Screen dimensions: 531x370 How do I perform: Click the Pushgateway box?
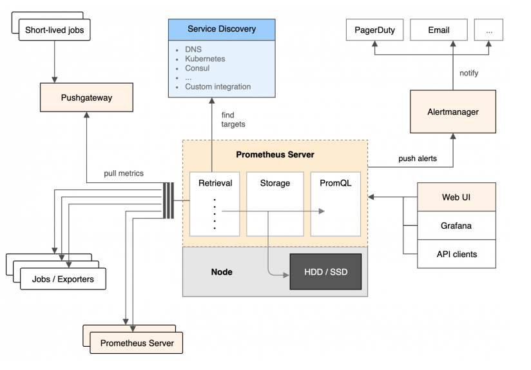87,97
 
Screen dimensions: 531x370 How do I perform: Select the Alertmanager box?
453,112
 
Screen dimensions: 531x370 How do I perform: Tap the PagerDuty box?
374,30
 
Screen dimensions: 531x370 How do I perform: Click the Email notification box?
439,30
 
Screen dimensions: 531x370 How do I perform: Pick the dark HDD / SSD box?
326,272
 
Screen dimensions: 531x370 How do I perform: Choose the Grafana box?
456,226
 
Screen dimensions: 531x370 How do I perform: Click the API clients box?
456,254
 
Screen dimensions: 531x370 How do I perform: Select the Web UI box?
456,197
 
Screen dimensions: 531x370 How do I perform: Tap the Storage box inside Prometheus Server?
275,204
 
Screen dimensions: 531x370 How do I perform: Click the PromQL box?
336,204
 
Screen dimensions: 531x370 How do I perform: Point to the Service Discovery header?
222,30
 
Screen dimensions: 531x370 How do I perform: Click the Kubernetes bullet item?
205,59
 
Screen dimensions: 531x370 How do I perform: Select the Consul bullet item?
197,68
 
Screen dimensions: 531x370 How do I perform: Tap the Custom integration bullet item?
218,87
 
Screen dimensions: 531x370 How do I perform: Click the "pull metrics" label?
124,173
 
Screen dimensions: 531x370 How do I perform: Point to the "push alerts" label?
418,159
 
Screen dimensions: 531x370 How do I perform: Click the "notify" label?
468,73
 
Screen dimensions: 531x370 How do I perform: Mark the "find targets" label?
233,120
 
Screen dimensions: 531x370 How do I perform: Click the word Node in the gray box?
222,272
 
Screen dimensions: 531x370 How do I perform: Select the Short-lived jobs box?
55,30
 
